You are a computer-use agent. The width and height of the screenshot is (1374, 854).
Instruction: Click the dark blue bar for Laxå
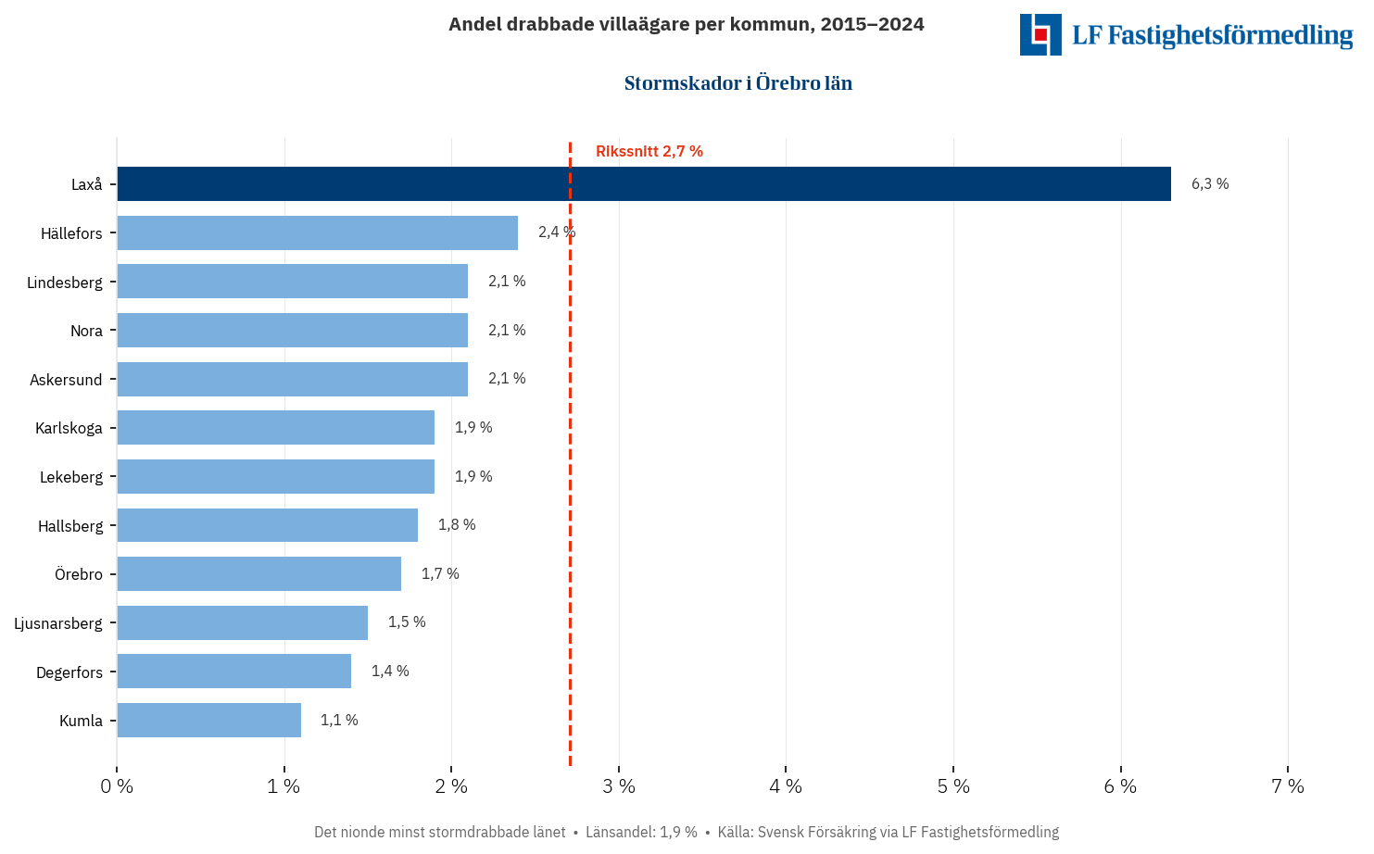pyautogui.click(x=644, y=183)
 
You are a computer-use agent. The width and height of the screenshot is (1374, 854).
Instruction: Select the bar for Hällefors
pyautogui.click(x=317, y=232)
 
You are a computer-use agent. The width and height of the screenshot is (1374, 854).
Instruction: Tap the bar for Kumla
pyautogui.click(x=208, y=720)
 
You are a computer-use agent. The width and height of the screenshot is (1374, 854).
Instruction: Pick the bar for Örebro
pyautogui.click(x=258, y=573)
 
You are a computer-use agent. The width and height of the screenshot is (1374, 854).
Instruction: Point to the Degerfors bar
pyautogui.click(x=233, y=671)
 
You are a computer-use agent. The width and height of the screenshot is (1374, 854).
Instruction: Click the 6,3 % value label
pyautogui.click(x=1209, y=183)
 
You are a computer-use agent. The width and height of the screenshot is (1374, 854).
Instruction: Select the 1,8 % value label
pyautogui.click(x=457, y=524)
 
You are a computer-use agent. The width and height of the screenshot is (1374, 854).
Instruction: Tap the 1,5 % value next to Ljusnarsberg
pyautogui.click(x=407, y=622)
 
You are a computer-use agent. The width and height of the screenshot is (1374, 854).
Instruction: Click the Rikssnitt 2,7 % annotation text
pyautogui.click(x=649, y=151)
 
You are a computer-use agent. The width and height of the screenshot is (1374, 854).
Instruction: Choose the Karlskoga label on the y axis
pyautogui.click(x=69, y=428)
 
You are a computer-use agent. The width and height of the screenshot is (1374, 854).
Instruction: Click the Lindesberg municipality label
pyautogui.click(x=65, y=283)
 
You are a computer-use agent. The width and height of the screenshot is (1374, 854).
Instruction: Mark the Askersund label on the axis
pyautogui.click(x=66, y=380)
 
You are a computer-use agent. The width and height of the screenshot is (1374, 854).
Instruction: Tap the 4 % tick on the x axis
pyautogui.click(x=786, y=786)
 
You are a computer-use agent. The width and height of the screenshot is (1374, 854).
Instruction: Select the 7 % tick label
pyautogui.click(x=1287, y=786)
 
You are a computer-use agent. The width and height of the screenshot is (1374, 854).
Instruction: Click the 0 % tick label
pyautogui.click(x=117, y=786)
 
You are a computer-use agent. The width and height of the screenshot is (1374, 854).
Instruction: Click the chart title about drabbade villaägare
pyautogui.click(x=686, y=24)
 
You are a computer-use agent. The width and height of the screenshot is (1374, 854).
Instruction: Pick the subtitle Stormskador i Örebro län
pyautogui.click(x=737, y=83)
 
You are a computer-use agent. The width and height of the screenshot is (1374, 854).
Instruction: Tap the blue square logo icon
pyautogui.click(x=1040, y=34)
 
